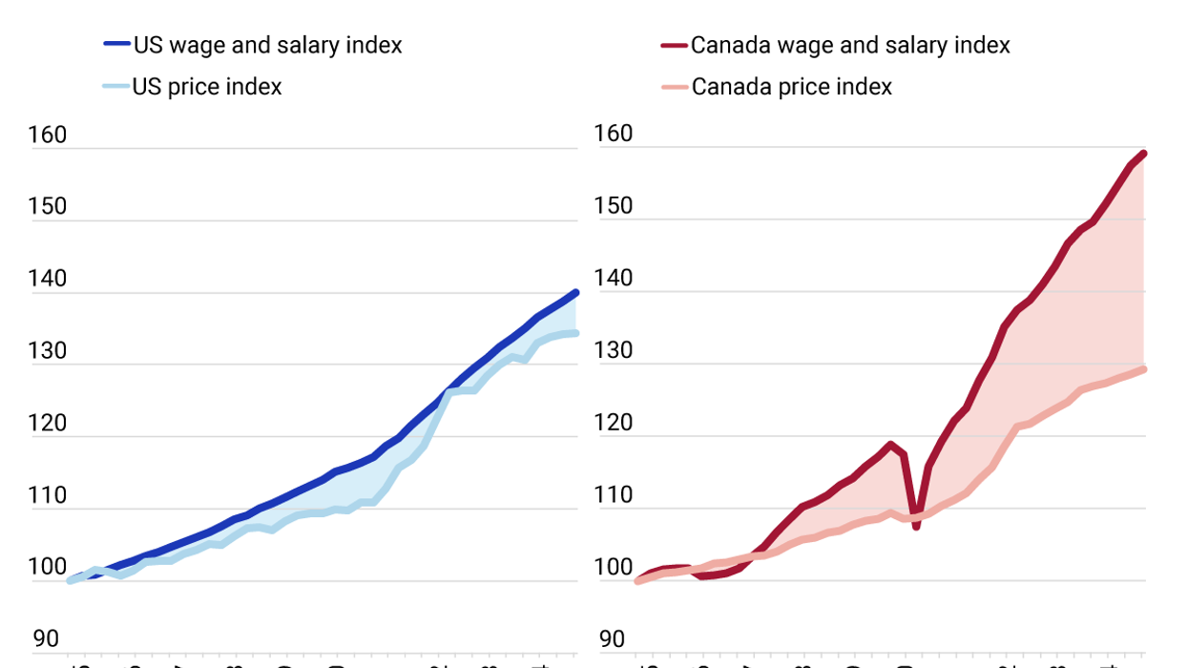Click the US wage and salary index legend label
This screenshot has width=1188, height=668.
click(267, 45)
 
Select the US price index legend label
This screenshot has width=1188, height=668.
click(207, 87)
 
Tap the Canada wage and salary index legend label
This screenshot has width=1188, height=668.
click(850, 45)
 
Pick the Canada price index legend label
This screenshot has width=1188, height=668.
click(792, 87)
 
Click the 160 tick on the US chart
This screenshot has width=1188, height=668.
click(48, 136)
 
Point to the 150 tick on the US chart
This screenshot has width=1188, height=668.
click(48, 207)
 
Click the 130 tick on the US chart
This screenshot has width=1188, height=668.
click(48, 351)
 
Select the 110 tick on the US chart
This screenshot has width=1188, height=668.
click(48, 495)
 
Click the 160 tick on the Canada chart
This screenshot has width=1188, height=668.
click(614, 134)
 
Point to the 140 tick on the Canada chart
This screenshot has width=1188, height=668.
click(614, 279)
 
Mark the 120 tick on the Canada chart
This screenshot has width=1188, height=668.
click(614, 423)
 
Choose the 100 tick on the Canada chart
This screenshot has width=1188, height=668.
click(614, 568)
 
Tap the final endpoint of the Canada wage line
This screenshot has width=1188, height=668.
click(1142, 154)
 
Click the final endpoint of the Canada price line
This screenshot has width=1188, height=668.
click(1142, 369)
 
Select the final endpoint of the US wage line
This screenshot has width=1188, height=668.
click(575, 293)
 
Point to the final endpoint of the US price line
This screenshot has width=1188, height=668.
click(575, 333)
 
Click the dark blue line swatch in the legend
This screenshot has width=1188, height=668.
click(115, 45)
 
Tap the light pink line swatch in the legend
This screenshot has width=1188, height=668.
click(674, 87)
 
